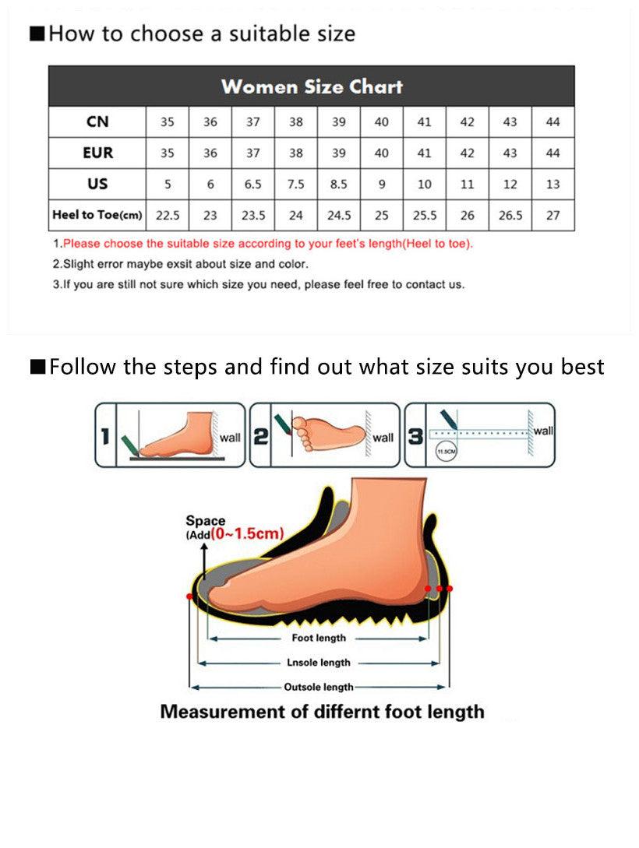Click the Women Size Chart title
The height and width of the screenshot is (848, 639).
tap(312, 86)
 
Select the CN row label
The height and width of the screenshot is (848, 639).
tap(97, 122)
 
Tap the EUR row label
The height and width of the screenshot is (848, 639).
tap(97, 153)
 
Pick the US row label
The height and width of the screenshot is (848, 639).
tap(97, 185)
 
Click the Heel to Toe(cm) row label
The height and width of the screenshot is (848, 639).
tap(97, 215)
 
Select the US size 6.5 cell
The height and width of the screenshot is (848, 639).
tap(253, 185)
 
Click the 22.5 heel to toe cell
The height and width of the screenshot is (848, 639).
tap(168, 216)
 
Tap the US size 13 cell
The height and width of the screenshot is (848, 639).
tap(553, 185)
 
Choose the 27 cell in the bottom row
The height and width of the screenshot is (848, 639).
tap(553, 216)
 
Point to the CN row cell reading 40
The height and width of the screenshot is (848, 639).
tap(381, 122)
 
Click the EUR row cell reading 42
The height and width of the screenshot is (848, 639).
tap(467, 153)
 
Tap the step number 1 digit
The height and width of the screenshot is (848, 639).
tap(105, 436)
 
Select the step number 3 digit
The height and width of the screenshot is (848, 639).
tap(416, 437)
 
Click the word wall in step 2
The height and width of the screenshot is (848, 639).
tap(383, 438)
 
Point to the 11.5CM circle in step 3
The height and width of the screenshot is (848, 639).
tap(446, 451)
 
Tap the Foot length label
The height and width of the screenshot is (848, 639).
tap(319, 638)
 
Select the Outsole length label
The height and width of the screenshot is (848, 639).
tap(318, 688)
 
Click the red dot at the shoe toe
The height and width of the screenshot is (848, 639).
tap(190, 595)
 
